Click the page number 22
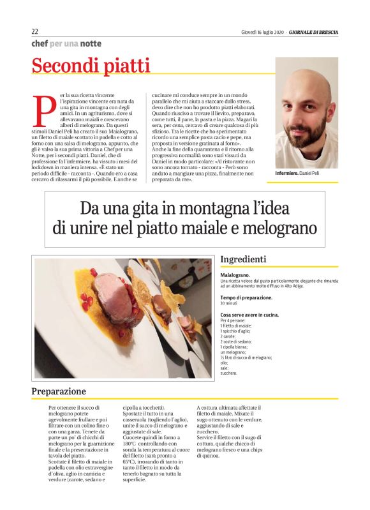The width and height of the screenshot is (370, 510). (x=35, y=32)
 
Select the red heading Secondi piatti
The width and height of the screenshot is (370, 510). (x=91, y=65)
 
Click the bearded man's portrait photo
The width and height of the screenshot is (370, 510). (x=306, y=112)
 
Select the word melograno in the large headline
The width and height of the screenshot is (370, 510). (x=279, y=228)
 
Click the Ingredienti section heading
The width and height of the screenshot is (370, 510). (x=244, y=260)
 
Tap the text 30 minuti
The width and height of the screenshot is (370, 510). (x=230, y=303)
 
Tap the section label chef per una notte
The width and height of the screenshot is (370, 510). (x=66, y=43)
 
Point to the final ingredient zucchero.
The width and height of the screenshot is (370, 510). (x=230, y=372)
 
